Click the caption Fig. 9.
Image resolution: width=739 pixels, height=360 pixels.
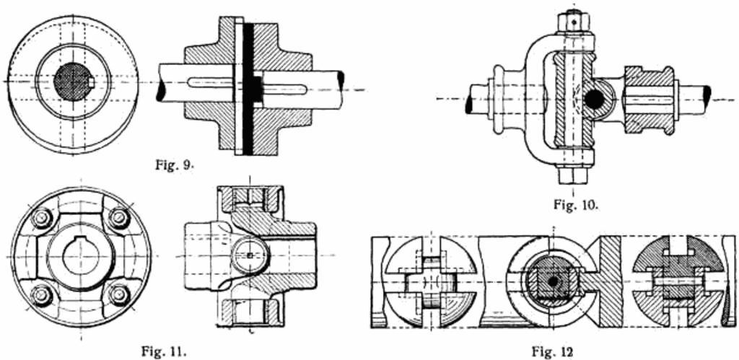(x=175, y=165)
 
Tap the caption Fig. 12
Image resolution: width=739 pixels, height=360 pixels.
(x=553, y=351)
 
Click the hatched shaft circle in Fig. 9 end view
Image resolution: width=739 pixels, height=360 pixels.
(x=73, y=82)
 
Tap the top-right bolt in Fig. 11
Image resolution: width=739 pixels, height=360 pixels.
(x=119, y=218)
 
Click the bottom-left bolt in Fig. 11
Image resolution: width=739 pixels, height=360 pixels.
(x=41, y=295)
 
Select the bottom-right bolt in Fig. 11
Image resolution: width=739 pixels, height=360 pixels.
(x=119, y=295)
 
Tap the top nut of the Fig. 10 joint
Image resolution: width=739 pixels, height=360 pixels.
(x=571, y=21)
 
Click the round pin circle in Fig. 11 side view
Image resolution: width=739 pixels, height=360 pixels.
(x=250, y=256)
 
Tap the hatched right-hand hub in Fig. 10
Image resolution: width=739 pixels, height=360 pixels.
(x=648, y=100)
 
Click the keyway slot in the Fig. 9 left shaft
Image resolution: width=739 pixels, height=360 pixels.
(x=210, y=82)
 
